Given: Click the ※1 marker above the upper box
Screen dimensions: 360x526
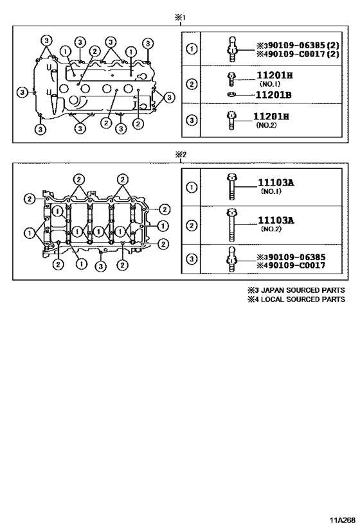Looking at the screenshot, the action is point(181,18).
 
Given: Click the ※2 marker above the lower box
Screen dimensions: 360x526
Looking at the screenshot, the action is point(181,155).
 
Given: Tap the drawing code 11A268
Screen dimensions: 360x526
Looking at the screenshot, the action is point(342,520).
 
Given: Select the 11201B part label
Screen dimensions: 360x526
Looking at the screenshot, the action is point(274,95).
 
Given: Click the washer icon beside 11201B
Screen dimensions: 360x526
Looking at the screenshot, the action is point(231,95).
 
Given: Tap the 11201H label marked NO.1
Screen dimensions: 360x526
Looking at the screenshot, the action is point(274,75).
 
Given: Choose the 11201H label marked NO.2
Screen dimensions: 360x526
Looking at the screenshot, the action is point(271,116).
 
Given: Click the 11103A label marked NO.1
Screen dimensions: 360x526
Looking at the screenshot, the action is point(276,182).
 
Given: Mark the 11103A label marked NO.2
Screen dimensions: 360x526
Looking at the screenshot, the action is point(276,220).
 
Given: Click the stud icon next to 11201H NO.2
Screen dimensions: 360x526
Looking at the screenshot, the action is point(231,120).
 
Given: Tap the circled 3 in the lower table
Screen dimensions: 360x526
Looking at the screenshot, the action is point(192,259).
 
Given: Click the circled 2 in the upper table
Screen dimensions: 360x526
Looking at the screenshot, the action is point(192,83).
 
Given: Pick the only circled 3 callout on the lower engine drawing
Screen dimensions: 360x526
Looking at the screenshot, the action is point(100,267).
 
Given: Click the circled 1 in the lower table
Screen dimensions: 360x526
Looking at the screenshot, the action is point(192,187).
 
